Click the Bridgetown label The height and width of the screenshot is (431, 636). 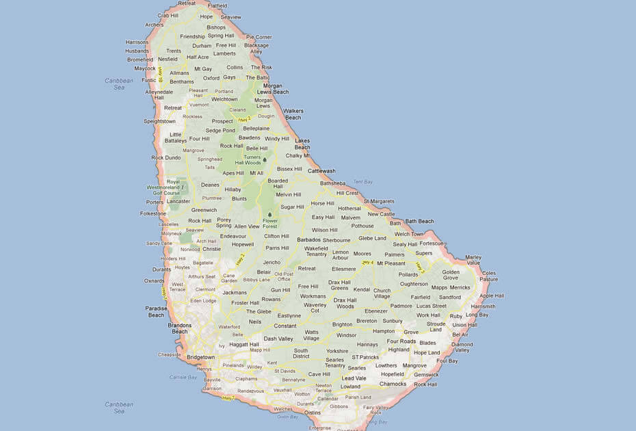tap(200, 357)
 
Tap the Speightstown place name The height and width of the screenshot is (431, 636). tap(159, 121)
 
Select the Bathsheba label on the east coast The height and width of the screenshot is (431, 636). tap(333, 183)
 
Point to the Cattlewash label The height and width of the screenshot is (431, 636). tap(321, 171)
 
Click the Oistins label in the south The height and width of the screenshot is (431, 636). tap(311, 413)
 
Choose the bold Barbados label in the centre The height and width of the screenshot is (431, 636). tap(309, 240)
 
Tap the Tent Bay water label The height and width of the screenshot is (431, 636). tap(362, 182)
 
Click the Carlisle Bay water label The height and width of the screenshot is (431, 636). tap(183, 377)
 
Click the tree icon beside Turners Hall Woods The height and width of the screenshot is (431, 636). tap(263, 159)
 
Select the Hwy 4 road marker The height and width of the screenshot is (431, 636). tap(367, 263)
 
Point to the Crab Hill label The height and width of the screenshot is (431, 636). tap(167, 15)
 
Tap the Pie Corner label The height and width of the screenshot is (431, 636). tap(259, 37)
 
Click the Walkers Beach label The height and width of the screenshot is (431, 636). tap(293, 114)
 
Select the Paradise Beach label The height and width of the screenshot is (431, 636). tap(156, 312)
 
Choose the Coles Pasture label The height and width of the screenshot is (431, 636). tap(488, 276)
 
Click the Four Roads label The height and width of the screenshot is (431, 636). tap(401, 341)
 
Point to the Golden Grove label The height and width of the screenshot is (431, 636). tap(450, 275)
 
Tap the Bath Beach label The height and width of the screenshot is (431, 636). tap(420, 221)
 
